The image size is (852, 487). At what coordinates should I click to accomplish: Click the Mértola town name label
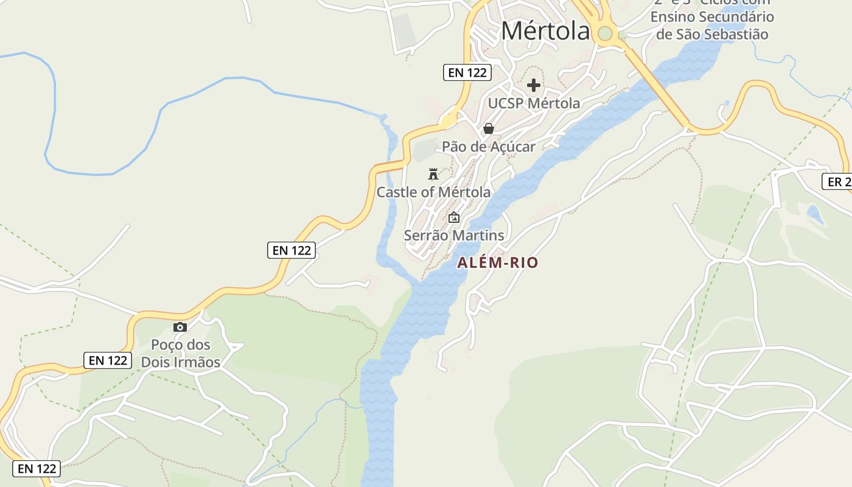coord(545,31)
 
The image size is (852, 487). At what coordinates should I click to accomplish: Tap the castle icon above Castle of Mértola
coord(433,175)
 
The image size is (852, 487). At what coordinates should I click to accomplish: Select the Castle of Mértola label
coord(433,192)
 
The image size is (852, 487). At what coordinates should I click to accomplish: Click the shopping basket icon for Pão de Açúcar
coord(488,128)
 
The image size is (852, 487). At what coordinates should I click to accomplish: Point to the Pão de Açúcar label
coord(489,147)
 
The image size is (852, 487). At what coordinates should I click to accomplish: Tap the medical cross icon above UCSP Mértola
coord(534,85)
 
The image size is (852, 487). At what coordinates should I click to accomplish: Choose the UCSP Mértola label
coord(534,103)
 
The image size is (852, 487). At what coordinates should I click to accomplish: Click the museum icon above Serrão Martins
coord(454,217)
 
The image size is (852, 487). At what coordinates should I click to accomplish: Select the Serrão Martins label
coord(454,236)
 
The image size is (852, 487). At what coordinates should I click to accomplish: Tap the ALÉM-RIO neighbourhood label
coord(498,263)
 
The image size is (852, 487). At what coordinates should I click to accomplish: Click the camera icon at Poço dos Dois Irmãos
coord(180,328)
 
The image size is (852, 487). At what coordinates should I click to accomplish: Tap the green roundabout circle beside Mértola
coord(605,33)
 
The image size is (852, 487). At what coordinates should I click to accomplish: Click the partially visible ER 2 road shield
coord(837,181)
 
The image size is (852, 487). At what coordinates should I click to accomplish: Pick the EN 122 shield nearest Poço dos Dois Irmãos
coord(108,360)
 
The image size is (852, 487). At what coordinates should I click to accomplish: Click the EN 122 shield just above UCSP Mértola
coord(467,73)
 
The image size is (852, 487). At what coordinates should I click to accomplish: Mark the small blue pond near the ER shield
coord(815,214)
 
